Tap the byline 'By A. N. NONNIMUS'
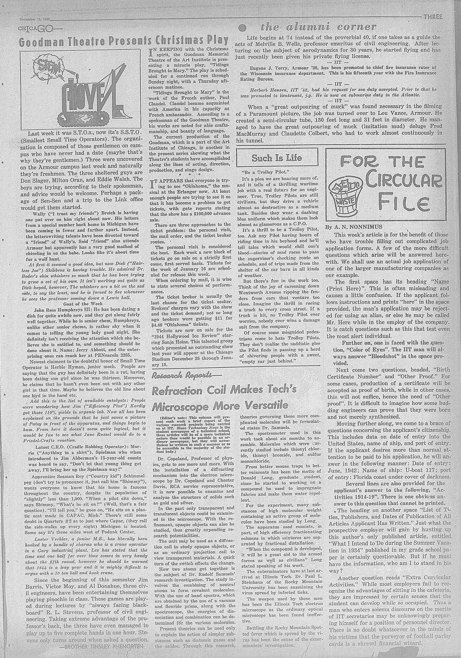point(353,226)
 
